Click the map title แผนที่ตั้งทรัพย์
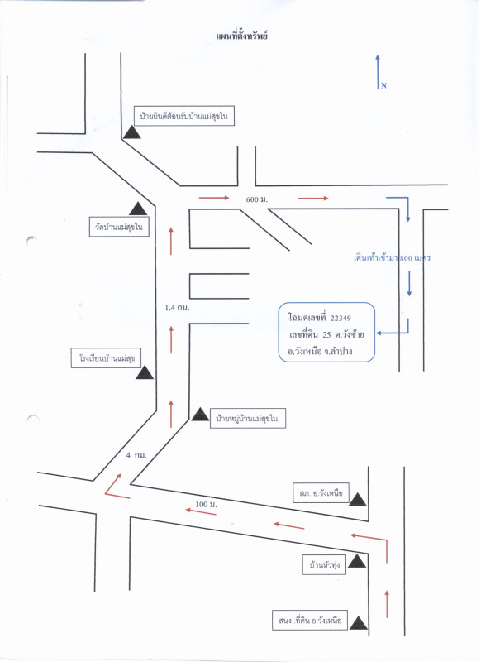point(242,36)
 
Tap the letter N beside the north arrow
point(383,86)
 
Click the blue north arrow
point(378,71)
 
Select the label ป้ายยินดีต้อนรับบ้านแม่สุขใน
point(183,116)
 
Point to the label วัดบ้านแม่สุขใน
point(119,227)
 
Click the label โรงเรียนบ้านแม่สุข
point(106,358)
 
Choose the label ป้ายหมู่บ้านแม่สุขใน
point(247,419)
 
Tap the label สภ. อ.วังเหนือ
point(321,492)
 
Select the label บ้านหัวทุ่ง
point(324,565)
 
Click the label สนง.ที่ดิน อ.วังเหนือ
point(310,620)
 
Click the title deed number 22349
point(341,318)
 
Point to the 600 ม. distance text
point(257,199)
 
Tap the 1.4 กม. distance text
point(177,307)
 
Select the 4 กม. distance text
point(136,455)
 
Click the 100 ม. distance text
point(206,504)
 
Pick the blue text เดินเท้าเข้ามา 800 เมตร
point(392,257)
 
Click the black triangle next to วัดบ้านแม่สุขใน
point(138,209)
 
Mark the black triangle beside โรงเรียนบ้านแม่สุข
point(144,373)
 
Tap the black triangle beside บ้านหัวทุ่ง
point(357,561)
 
